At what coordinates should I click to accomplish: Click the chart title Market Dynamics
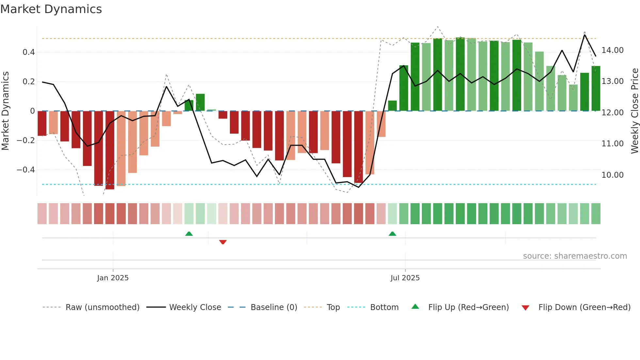[51, 9]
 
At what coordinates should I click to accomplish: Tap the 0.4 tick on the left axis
[29, 52]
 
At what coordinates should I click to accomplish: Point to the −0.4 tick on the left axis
[26, 170]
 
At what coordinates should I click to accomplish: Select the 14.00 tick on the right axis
[612, 50]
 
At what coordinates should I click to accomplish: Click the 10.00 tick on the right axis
[612, 175]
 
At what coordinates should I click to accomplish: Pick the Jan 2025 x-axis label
[113, 278]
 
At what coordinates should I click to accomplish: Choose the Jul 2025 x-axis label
[405, 278]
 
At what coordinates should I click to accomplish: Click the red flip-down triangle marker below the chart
[223, 242]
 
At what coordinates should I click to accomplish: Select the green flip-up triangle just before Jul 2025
[392, 234]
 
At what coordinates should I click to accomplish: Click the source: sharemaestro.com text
[575, 256]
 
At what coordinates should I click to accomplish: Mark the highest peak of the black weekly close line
[584, 35]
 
